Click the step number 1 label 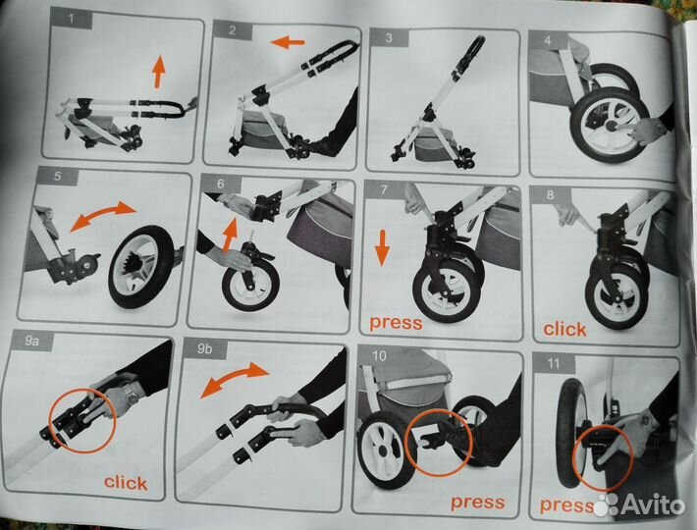click(x=72, y=19)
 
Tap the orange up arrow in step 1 click(x=159, y=72)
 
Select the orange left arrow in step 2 click(x=288, y=43)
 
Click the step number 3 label click(x=389, y=37)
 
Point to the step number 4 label click(x=547, y=40)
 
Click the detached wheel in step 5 click(x=142, y=267)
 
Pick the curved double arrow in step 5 click(x=103, y=215)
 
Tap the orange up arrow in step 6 click(x=230, y=235)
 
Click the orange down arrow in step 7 click(x=382, y=247)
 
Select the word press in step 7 click(x=396, y=323)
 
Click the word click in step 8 click(x=564, y=330)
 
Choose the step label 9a click(x=31, y=341)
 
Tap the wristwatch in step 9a click(x=132, y=396)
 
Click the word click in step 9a click(x=126, y=483)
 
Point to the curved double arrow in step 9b click(x=235, y=379)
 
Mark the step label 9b click(x=204, y=348)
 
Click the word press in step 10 click(x=478, y=503)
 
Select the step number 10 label click(x=379, y=356)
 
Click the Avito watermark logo click(x=639, y=504)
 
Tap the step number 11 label click(x=553, y=363)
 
